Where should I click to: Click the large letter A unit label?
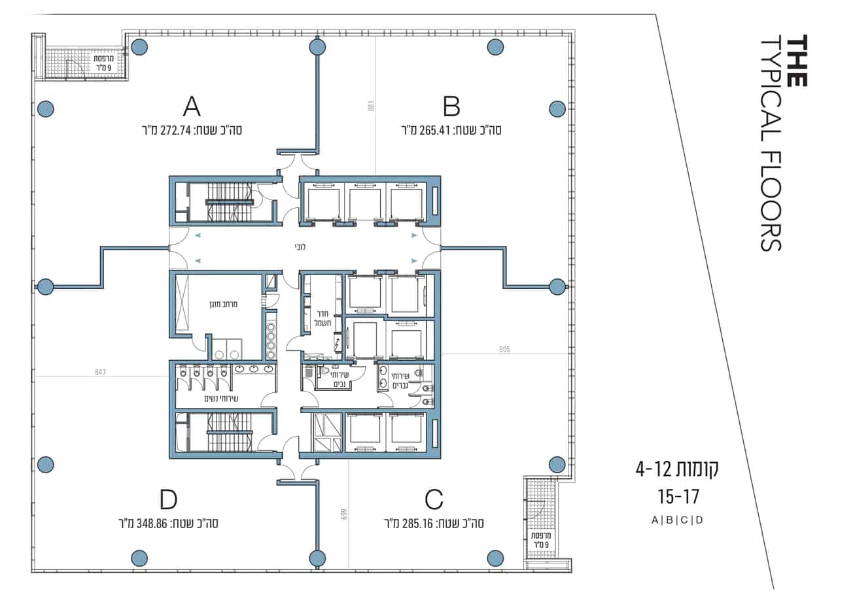(x=192, y=107)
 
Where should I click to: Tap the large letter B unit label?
(x=451, y=107)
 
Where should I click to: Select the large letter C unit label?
(x=434, y=499)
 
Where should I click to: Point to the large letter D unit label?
(x=168, y=499)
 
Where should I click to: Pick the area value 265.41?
(x=435, y=131)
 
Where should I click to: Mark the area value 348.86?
(x=152, y=524)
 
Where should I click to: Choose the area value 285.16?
(x=418, y=524)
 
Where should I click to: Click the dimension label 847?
(x=100, y=372)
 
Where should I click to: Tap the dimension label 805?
(x=504, y=349)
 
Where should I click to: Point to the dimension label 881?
(x=371, y=106)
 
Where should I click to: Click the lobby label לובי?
(x=300, y=247)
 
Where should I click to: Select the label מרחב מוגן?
(x=223, y=304)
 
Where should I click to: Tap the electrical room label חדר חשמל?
(x=323, y=318)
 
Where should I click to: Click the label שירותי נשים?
(x=221, y=399)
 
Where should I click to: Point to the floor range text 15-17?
(x=678, y=497)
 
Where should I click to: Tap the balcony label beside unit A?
(x=103, y=63)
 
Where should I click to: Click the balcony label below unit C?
(x=541, y=539)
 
